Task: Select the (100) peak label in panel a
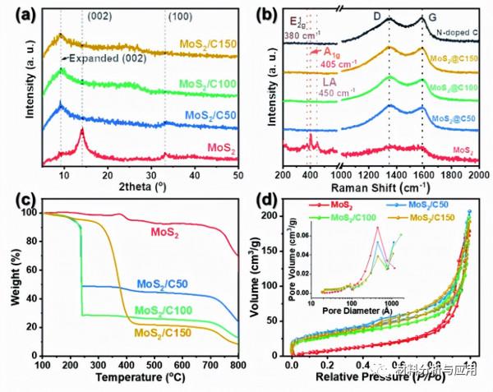point(178,13)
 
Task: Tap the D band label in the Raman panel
point(389,13)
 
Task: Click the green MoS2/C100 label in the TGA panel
point(172,311)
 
